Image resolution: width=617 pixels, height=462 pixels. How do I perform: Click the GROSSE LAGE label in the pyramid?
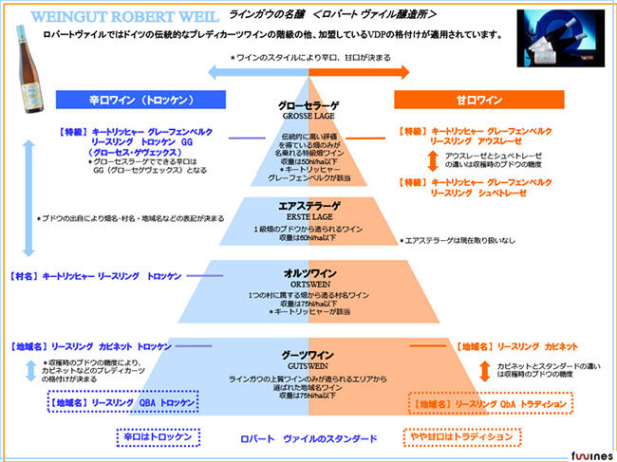pyautogui.click(x=305, y=115)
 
